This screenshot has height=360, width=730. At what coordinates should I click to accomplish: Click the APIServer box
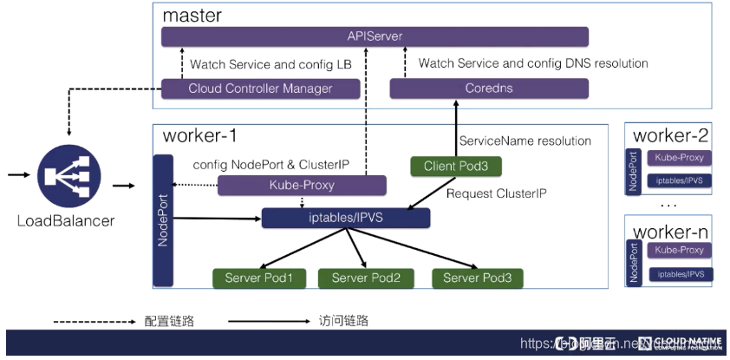pyautogui.click(x=375, y=36)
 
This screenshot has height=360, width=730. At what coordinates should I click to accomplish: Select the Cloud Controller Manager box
pyautogui.click(x=260, y=88)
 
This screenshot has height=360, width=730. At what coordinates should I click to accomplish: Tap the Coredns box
pyautogui.click(x=489, y=88)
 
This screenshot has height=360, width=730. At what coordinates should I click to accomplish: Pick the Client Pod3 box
pyautogui.click(x=455, y=166)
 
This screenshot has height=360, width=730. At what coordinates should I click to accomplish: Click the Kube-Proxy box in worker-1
pyautogui.click(x=301, y=185)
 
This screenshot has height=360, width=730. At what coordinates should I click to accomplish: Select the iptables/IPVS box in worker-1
pyautogui.click(x=345, y=218)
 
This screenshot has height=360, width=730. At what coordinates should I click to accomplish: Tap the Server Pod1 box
pyautogui.click(x=259, y=278)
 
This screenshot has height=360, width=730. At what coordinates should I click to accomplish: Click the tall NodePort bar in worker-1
pyautogui.click(x=163, y=221)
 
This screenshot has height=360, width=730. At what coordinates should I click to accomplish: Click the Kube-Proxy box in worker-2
pyautogui.click(x=679, y=159)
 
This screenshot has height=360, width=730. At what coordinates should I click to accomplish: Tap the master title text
pyautogui.click(x=192, y=16)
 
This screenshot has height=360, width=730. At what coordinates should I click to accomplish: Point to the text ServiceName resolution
pyautogui.click(x=525, y=141)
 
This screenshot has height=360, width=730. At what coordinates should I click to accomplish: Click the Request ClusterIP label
pyautogui.click(x=496, y=193)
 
